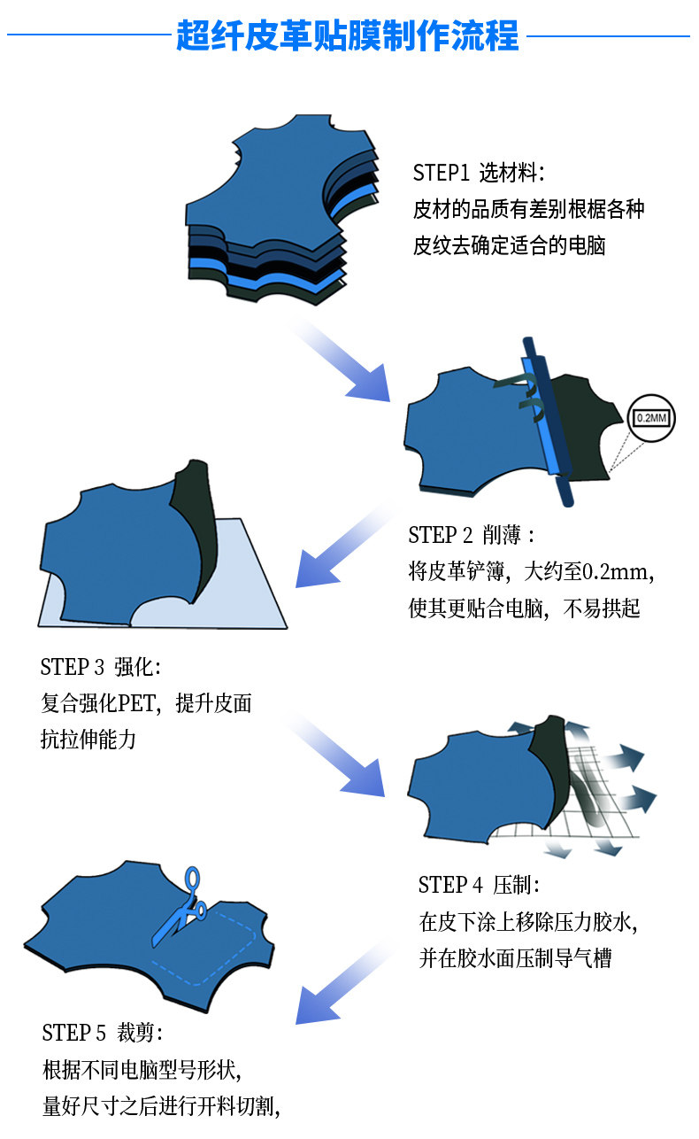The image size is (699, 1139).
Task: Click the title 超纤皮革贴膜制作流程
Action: click(348, 36)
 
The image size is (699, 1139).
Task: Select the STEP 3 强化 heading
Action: click(101, 667)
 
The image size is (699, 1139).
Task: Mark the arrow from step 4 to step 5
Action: click(341, 983)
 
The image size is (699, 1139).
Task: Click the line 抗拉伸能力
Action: click(88, 740)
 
